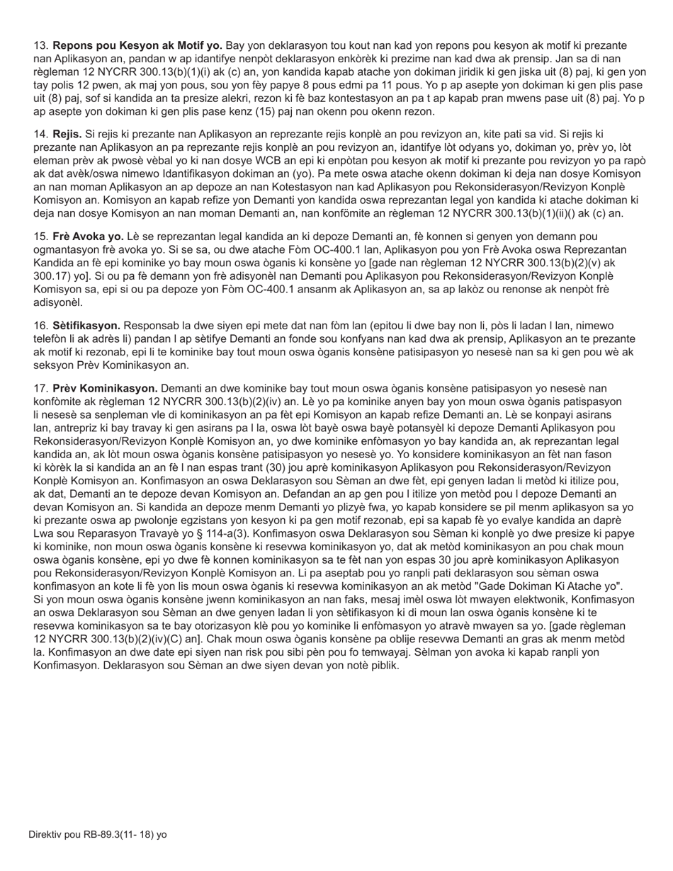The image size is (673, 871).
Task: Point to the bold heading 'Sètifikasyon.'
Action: coord(86,325)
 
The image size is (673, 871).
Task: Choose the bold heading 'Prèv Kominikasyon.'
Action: coord(105,388)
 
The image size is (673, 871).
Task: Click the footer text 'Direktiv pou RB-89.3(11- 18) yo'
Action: coord(98,834)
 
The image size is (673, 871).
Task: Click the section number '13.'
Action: coord(41,45)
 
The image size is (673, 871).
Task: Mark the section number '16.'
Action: coord(41,325)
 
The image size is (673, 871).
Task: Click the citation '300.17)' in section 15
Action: coord(51,275)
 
